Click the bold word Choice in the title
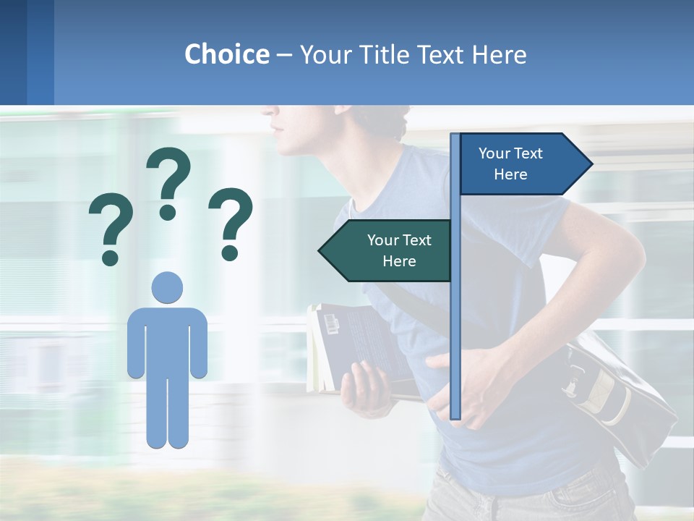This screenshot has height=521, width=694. (x=226, y=54)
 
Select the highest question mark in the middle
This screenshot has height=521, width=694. (x=168, y=182)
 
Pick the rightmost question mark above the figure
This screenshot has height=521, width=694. (x=231, y=224)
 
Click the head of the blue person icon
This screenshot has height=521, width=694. (x=167, y=287)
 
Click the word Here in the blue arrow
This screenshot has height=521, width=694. (x=510, y=174)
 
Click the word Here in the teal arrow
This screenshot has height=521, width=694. (x=399, y=261)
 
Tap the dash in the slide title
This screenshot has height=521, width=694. (x=284, y=55)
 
